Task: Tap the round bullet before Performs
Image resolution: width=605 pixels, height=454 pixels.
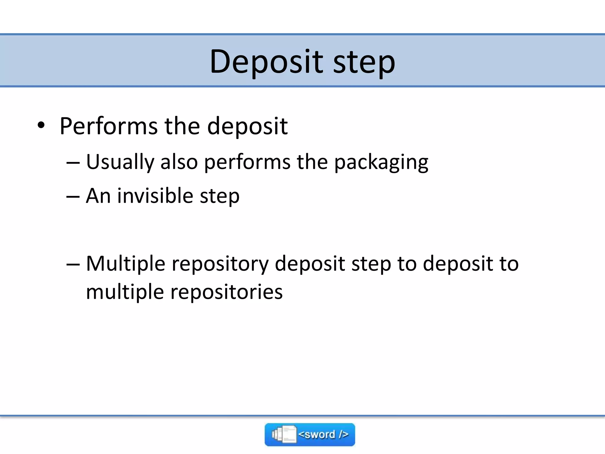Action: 41,125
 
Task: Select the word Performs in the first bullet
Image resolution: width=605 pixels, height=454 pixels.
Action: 108,127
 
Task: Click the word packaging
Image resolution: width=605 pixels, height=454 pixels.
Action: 381,163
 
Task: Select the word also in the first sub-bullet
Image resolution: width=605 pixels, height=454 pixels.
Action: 179,162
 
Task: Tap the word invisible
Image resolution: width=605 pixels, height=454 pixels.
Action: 155,196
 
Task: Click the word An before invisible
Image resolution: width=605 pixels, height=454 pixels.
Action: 98,196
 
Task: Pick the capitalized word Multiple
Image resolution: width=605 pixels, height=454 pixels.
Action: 126,264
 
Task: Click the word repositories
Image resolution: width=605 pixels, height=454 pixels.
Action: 227,292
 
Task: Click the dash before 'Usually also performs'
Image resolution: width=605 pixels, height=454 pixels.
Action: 73,163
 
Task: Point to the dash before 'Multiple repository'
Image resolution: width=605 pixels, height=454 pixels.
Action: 73,264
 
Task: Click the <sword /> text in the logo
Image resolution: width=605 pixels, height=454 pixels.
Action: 323,434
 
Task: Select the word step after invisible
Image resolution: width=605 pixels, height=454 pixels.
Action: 219,197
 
